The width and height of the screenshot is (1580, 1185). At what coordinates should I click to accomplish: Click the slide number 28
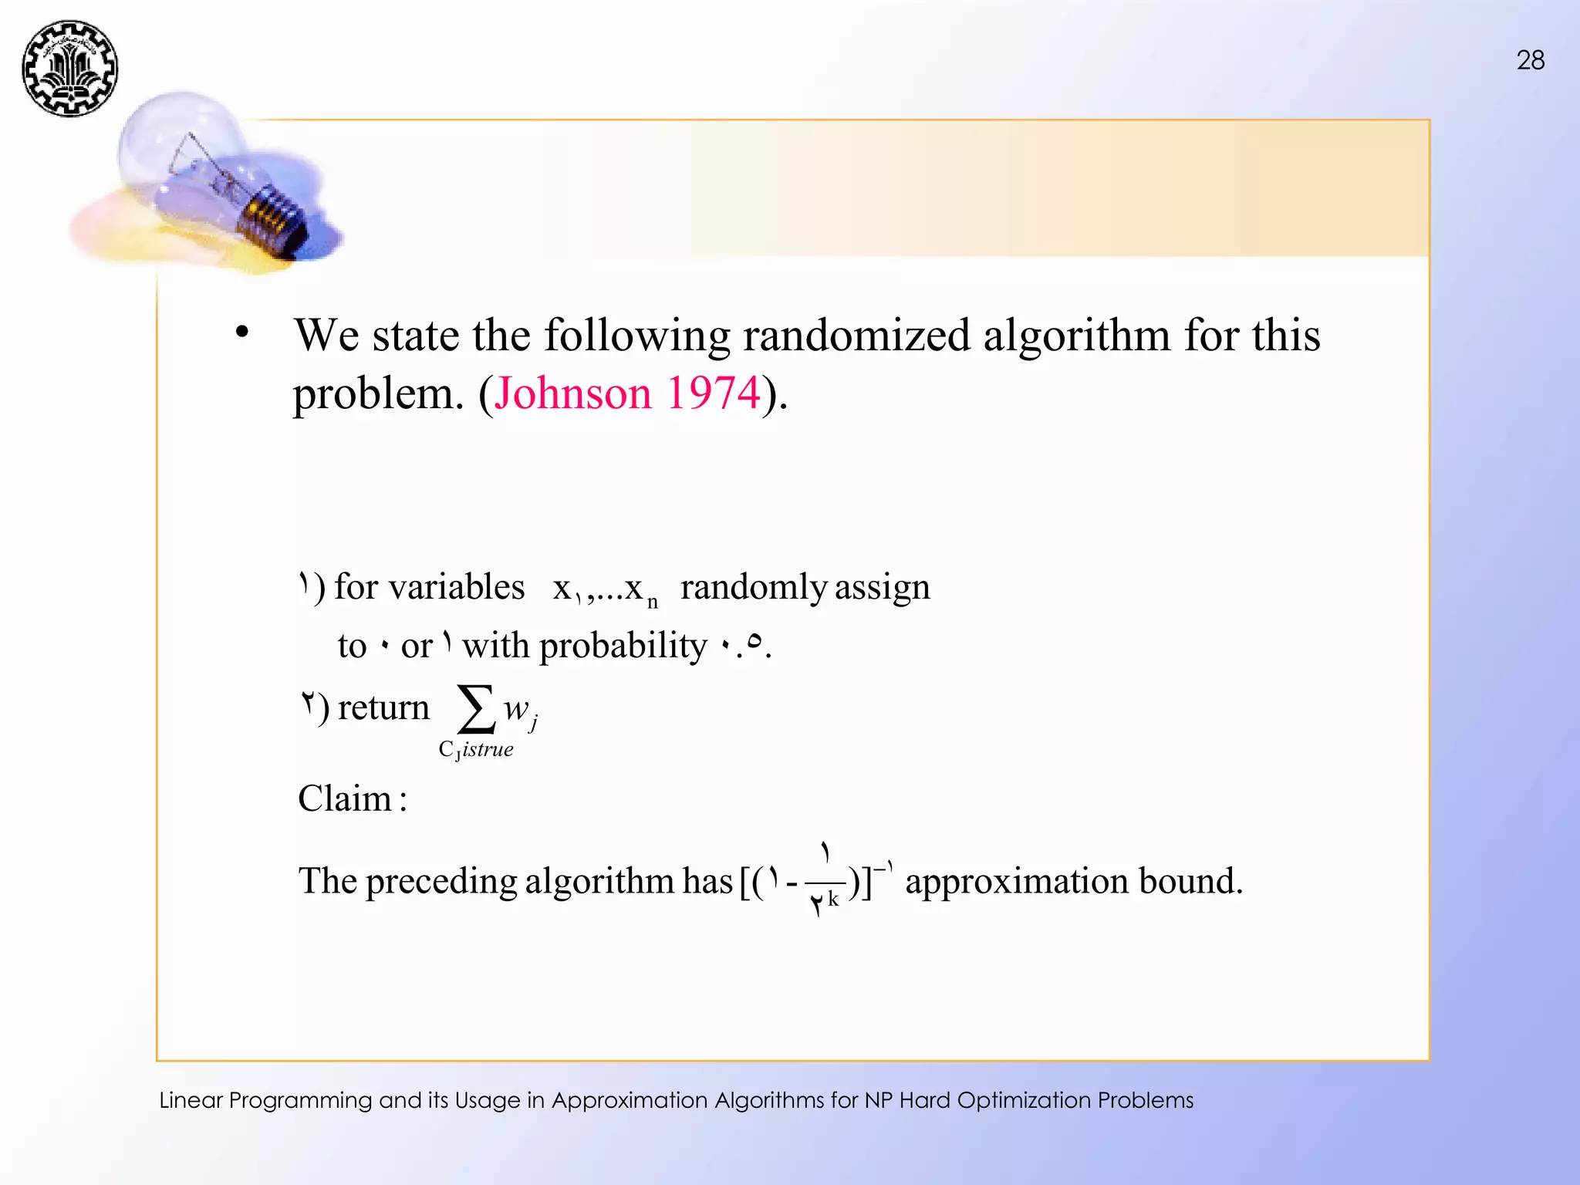1530,60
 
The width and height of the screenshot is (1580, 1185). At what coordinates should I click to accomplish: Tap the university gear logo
70,69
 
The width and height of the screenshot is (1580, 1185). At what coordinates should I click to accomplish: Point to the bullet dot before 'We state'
242,333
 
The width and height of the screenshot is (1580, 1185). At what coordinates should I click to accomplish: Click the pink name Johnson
573,393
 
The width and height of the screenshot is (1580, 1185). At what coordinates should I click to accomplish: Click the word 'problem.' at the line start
378,395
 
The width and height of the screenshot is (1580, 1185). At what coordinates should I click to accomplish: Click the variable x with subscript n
640,590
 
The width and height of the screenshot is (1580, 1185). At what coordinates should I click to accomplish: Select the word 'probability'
622,646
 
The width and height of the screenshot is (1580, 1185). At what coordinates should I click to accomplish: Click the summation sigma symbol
475,708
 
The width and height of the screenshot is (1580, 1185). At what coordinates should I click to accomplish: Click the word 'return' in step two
383,707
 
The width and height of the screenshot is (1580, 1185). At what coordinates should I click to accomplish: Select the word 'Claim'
345,798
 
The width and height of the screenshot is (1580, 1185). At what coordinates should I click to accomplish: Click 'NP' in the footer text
878,1100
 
